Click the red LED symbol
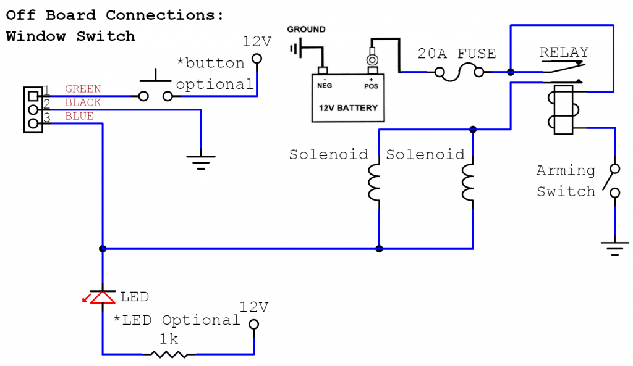101,297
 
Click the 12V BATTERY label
347,108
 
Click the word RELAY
563,52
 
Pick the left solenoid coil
375,183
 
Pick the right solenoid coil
468,183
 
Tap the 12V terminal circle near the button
257,59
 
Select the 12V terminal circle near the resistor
253,325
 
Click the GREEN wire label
83,89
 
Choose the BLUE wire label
79,117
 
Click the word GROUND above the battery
306,30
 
